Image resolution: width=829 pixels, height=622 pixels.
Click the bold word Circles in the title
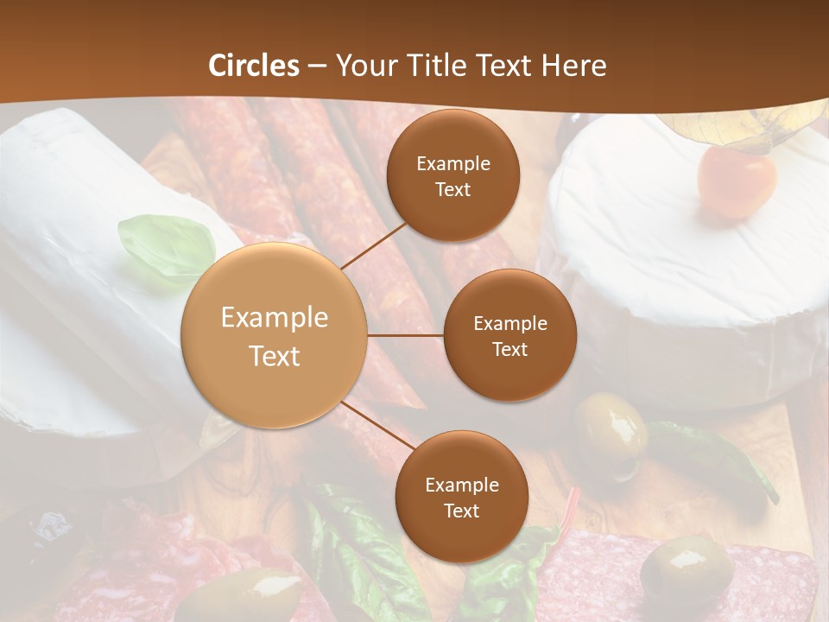(254, 66)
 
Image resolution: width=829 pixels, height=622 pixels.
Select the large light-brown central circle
(275, 335)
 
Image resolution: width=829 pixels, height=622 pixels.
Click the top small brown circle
(453, 175)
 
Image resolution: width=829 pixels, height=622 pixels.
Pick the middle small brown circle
(510, 335)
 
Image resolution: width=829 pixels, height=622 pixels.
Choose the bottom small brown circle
(461, 497)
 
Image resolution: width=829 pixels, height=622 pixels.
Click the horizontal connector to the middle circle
(405, 335)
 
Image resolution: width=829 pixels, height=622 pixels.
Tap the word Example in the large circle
(275, 318)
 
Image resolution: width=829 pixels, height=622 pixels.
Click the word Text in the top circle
(453, 189)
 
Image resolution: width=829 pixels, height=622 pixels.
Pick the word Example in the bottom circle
(461, 485)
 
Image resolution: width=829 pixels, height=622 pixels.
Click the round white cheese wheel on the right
(682, 259)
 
